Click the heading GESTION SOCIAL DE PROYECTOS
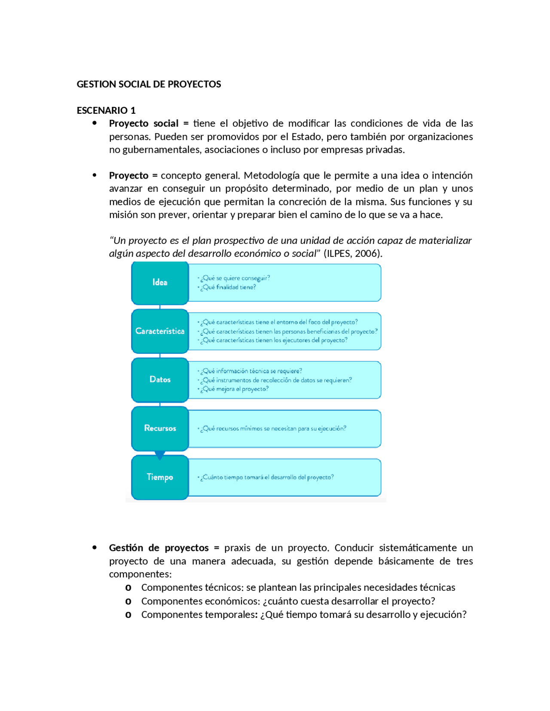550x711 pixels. (x=149, y=84)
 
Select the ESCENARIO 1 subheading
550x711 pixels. (x=106, y=110)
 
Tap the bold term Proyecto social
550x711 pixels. (x=144, y=124)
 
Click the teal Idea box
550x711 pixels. (x=160, y=283)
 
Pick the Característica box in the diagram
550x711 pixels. (x=160, y=331)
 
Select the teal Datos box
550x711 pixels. (x=160, y=380)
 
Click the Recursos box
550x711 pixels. (x=160, y=428)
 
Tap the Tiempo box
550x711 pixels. (x=160, y=477)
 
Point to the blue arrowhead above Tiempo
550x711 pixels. (x=160, y=455)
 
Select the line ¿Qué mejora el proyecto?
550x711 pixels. (x=234, y=389)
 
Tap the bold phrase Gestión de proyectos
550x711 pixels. (x=159, y=548)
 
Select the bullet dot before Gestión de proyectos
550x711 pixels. (x=95, y=547)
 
